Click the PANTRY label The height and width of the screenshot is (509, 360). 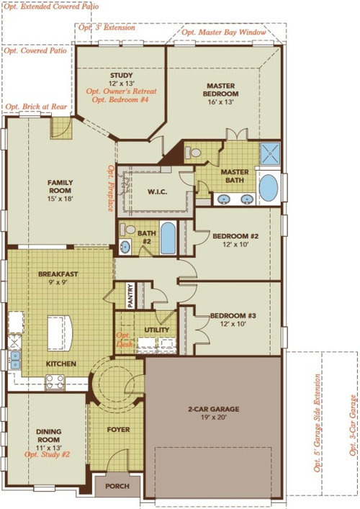point(130,296)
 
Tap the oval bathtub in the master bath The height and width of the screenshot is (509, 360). point(269,188)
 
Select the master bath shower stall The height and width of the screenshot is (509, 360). point(270,153)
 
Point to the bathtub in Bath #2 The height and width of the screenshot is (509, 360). point(168,238)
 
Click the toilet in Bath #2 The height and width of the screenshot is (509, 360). point(127,229)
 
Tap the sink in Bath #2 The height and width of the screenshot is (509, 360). point(125,246)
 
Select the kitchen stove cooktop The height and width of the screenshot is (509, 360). point(55,382)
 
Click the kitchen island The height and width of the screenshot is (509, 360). point(60,333)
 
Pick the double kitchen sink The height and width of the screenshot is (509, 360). point(14,360)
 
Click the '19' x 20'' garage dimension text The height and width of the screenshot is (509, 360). point(214,418)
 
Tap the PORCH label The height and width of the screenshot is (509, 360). point(117,486)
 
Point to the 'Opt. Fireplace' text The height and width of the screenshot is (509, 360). point(111,188)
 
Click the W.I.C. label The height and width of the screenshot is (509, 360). point(158,192)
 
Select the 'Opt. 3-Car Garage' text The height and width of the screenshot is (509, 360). point(353,425)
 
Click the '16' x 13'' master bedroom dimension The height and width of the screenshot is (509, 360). point(221,102)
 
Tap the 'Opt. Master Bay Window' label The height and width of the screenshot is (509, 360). point(224,32)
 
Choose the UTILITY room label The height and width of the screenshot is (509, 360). point(157,330)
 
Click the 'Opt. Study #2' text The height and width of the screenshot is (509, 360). point(47,454)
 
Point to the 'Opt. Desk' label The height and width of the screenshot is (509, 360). point(125,340)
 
